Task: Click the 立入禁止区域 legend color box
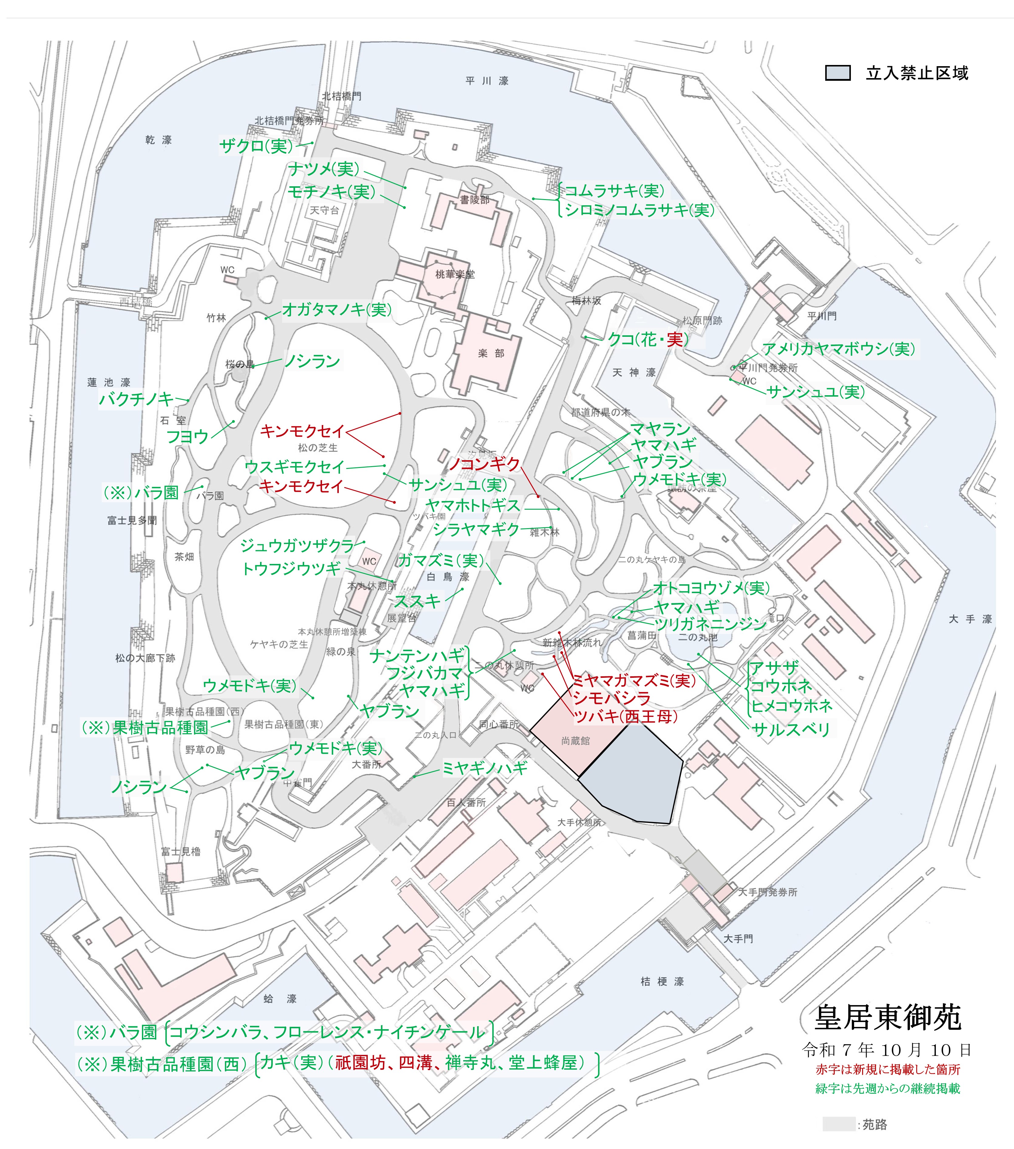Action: [x=837, y=73]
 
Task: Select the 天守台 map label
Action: [x=324, y=210]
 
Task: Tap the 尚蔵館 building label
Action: [x=575, y=741]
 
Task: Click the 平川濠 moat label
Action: [x=487, y=81]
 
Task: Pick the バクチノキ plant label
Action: [x=136, y=399]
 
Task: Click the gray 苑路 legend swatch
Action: [x=838, y=1124]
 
